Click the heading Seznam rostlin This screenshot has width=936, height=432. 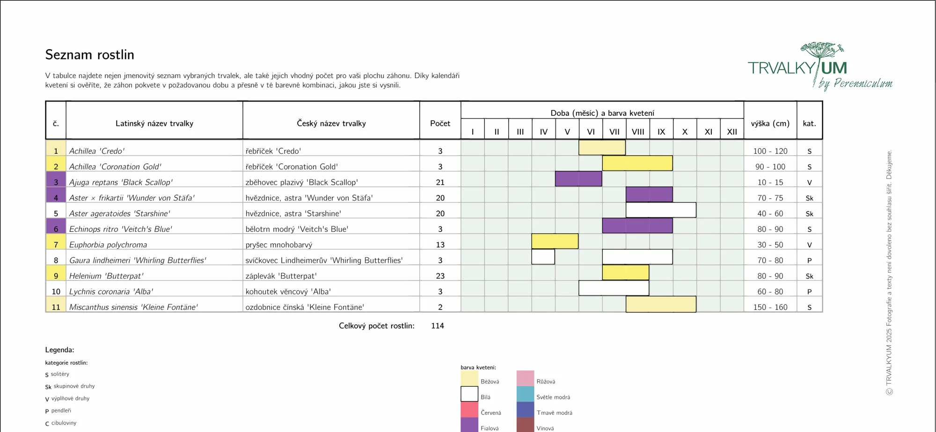[89, 55]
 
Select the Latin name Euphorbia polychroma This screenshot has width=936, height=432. [108, 245]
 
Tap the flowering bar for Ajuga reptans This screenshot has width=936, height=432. [578, 179]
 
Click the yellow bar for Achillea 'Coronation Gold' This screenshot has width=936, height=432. [637, 163]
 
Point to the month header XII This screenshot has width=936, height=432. [732, 132]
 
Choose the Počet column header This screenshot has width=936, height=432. [440, 123]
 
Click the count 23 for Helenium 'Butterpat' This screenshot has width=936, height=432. [440, 276]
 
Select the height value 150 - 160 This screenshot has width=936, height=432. [770, 307]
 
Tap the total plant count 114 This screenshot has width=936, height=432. [438, 326]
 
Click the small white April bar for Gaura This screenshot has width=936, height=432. [543, 257]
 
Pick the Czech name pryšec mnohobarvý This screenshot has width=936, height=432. [279, 245]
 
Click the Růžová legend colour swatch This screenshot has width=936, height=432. [525, 378]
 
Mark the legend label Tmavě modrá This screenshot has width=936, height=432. [554, 413]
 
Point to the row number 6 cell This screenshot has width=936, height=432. [56, 229]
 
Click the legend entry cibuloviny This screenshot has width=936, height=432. [64, 423]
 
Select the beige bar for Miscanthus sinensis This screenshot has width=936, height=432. [661, 304]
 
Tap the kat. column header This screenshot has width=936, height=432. [809, 123]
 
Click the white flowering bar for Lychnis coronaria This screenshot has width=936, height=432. [614, 288]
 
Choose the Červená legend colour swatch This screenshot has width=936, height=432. [469, 410]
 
